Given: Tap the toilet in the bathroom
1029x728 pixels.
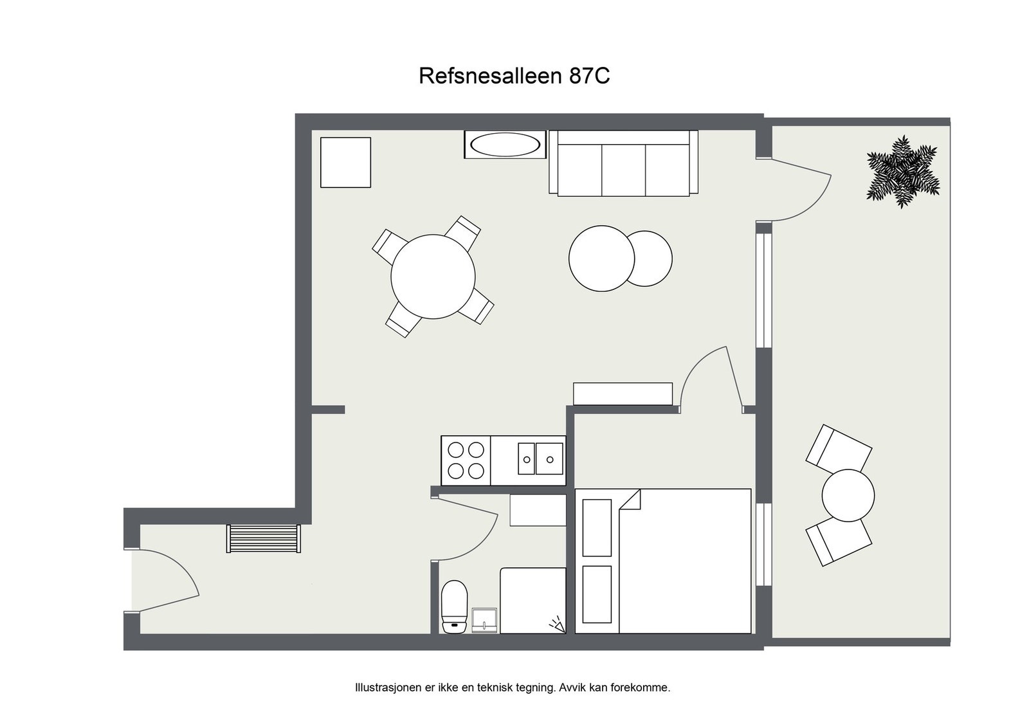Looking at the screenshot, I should [455, 606].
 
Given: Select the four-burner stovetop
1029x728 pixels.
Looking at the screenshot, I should [466, 460].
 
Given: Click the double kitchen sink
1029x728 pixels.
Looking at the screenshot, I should [540, 459].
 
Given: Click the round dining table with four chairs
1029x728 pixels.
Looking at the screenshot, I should [433, 277].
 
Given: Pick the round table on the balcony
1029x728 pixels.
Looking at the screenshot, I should [848, 495].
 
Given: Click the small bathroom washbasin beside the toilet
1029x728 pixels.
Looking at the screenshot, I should [484, 620].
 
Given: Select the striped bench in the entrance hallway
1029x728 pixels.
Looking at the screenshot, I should [264, 538].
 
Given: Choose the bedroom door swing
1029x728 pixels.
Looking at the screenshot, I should [711, 376].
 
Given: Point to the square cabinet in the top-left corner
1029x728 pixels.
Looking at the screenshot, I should [345, 162].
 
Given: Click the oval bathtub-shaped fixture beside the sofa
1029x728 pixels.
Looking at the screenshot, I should [505, 145].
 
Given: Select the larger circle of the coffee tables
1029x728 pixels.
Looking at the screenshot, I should [601, 259].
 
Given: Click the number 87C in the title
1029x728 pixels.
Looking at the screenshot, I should [589, 76].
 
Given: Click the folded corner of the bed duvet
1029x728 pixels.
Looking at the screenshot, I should [632, 499].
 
